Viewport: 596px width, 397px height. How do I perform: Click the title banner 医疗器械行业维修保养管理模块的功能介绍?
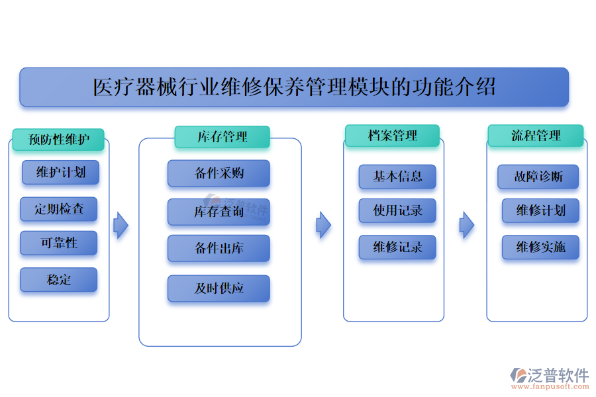click(294, 87)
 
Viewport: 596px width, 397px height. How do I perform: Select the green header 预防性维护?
click(58, 140)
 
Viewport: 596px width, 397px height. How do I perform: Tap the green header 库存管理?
click(222, 137)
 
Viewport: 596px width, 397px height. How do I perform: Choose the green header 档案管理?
click(392, 136)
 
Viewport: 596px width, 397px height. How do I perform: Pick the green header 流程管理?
click(535, 136)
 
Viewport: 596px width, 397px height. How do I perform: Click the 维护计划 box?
click(60, 173)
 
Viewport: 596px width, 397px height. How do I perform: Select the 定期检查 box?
click(59, 209)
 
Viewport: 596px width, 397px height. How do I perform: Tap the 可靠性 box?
click(59, 243)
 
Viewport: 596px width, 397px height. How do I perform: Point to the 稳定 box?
click(59, 279)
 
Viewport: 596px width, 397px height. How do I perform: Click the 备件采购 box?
click(219, 173)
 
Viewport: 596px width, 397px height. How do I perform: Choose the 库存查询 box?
click(219, 212)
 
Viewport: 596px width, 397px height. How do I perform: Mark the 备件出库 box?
click(219, 248)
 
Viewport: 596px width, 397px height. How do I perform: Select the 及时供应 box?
click(219, 288)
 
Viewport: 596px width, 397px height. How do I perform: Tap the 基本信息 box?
click(397, 177)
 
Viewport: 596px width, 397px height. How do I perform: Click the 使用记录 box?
click(397, 210)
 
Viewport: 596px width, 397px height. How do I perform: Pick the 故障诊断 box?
click(538, 177)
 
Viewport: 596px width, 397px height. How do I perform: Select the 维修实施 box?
click(540, 247)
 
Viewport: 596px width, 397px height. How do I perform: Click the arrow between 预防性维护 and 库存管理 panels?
click(121, 226)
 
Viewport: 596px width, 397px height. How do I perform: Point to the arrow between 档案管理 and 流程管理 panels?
click(467, 225)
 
